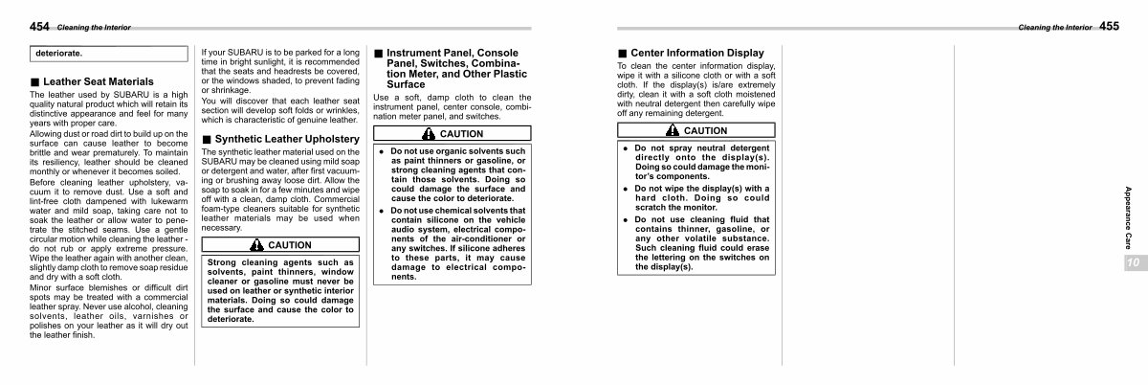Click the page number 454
click(40, 26)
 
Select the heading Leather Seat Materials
click(99, 82)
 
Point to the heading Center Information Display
click(696, 53)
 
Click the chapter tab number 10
click(1133, 262)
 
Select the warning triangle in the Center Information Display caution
click(673, 130)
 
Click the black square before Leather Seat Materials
click(35, 82)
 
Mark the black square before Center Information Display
click(623, 53)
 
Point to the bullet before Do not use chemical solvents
click(381, 210)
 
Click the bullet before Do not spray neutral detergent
click(626, 148)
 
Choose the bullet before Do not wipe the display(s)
click(626, 189)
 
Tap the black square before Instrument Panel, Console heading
click(379, 54)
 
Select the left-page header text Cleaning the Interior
click(94, 27)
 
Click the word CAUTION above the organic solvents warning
click(460, 134)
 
